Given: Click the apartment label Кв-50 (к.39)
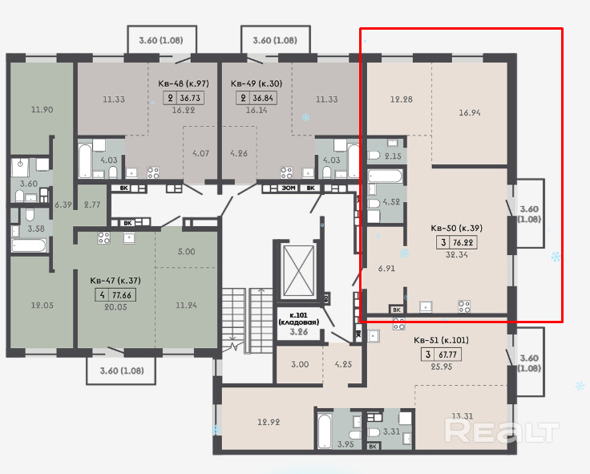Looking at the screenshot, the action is point(456,228).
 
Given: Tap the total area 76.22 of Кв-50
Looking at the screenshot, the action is point(463,242).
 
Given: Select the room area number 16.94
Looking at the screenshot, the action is point(469,112).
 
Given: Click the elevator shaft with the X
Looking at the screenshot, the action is point(298,271).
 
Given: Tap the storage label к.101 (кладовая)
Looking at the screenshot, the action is point(299,318).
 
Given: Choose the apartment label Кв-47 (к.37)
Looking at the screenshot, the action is point(115,281).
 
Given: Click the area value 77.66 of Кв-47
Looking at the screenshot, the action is point(122,295).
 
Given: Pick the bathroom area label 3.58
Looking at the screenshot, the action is point(36,229).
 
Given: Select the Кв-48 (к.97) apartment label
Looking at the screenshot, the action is point(184,83).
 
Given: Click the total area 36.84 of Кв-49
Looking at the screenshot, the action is point(263,99).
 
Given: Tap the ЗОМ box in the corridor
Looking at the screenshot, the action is point(289,188).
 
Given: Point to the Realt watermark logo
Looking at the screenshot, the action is point(501,431).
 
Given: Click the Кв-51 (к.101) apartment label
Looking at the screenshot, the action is point(441,340).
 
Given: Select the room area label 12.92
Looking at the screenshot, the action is point(269,422).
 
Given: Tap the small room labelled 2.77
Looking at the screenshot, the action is point(92,205).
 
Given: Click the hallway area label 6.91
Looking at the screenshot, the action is point(386,268).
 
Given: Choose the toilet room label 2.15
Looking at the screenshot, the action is point(394,156).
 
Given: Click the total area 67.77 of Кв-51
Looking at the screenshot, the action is point(447,354).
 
